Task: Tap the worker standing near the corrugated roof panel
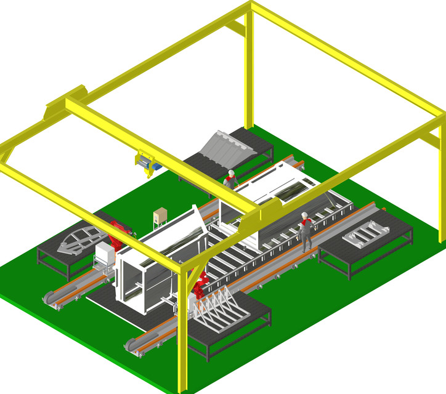230,180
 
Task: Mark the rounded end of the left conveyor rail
50,299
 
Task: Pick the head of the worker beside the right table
304,215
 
